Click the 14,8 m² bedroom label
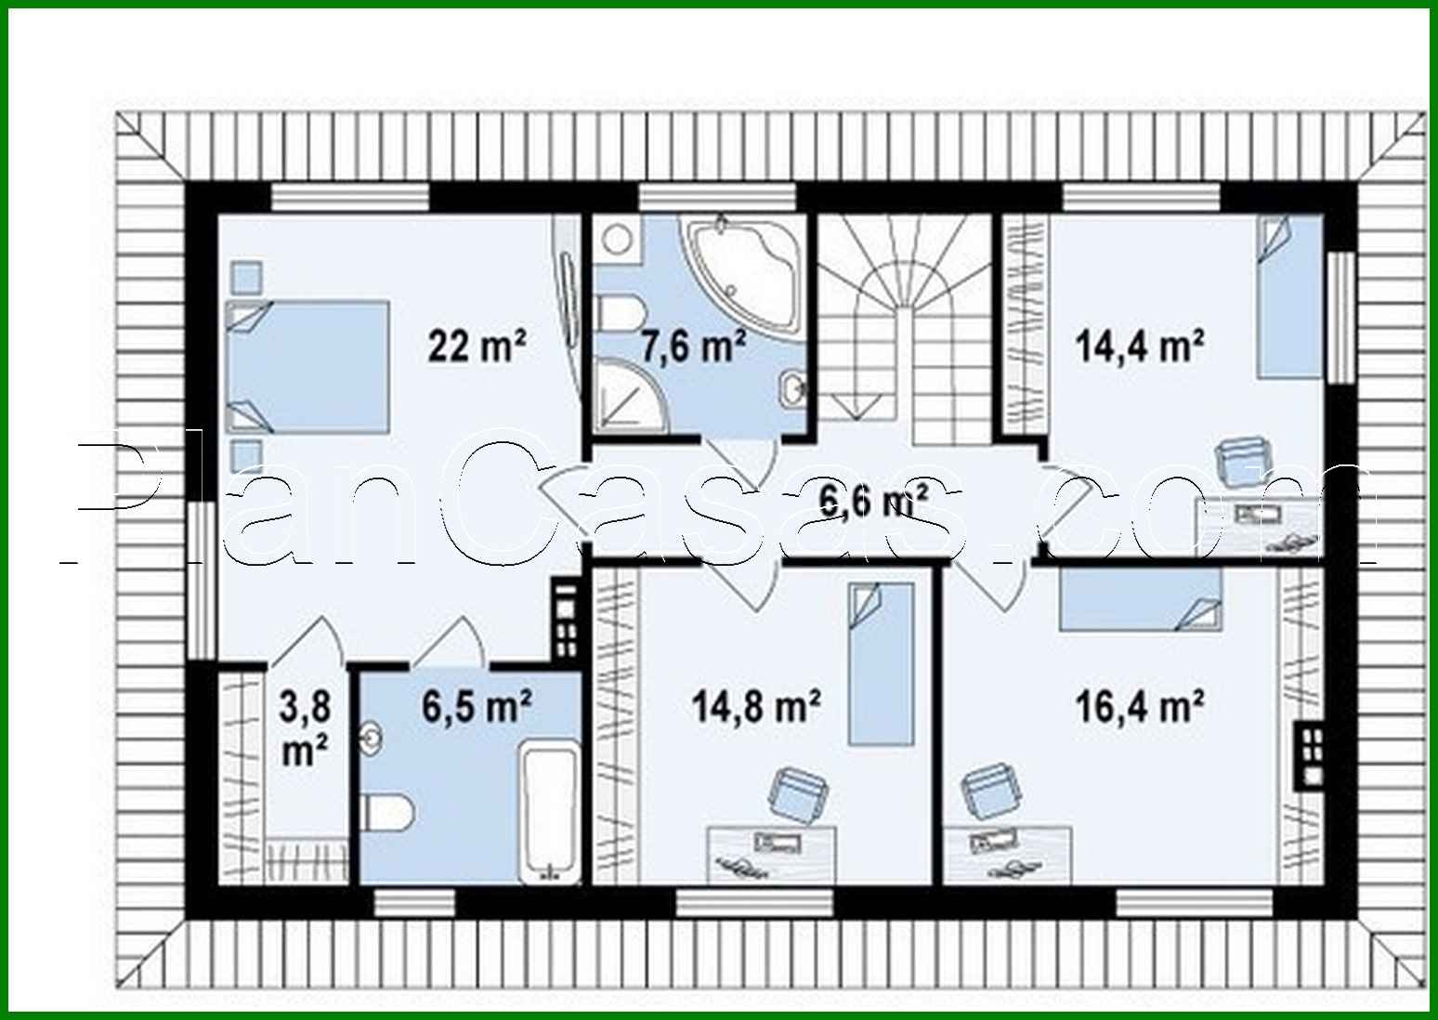pyautogui.click(x=755, y=707)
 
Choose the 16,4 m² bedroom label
pyautogui.click(x=1140, y=707)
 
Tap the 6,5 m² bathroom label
pyautogui.click(x=477, y=707)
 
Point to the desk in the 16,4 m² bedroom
pyautogui.click(x=1008, y=855)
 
